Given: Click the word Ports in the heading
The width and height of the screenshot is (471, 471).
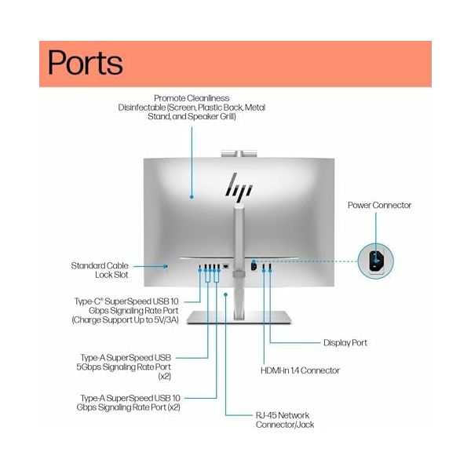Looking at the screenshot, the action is [x=86, y=63].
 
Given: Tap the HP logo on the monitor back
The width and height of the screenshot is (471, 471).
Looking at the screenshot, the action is [x=239, y=187].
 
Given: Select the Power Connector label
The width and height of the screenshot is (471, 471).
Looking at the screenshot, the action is [x=379, y=205].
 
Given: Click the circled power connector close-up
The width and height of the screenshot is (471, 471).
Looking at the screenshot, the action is [x=375, y=261].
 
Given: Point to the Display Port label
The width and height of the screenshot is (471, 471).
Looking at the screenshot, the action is [x=345, y=343].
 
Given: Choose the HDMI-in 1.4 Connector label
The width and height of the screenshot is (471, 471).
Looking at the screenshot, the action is [x=300, y=371].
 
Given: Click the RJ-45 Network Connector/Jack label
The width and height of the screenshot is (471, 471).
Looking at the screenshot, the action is [x=285, y=420].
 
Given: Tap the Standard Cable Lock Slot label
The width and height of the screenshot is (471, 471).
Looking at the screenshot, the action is [x=100, y=270].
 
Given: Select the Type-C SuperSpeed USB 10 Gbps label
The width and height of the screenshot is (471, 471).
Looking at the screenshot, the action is [x=126, y=311].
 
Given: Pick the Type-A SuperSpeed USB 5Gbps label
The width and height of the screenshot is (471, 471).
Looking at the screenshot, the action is [x=124, y=367].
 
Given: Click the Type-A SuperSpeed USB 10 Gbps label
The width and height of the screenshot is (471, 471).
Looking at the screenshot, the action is [x=129, y=403].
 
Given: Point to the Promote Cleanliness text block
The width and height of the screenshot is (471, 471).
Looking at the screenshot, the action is [x=192, y=108].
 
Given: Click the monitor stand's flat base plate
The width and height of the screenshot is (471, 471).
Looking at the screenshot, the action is [x=239, y=317].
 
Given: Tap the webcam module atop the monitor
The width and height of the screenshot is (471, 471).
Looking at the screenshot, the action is [x=239, y=154].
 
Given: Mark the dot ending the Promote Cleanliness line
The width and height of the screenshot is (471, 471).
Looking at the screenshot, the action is [x=192, y=197].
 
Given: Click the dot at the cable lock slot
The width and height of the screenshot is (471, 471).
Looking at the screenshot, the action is [x=165, y=266].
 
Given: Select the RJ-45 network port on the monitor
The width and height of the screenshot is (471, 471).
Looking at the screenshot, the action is [x=226, y=266].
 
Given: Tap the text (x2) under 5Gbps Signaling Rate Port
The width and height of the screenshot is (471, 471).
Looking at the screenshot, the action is [x=165, y=376].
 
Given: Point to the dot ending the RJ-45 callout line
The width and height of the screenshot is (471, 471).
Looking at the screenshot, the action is [x=225, y=294].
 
